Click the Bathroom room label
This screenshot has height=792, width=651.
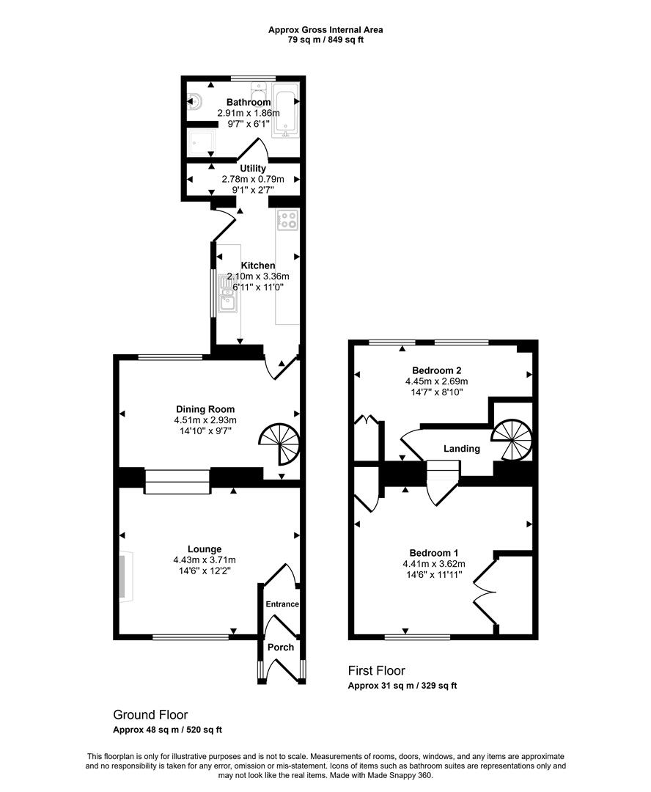point(248,102)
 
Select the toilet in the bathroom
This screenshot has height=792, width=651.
point(195,103)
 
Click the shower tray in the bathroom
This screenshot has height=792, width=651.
point(199,142)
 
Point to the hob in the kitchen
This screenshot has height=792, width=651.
point(287,220)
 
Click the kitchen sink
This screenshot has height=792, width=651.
point(227,299)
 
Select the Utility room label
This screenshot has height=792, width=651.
point(252,169)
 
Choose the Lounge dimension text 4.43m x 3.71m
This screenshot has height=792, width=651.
point(205,560)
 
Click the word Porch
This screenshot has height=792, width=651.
point(281,647)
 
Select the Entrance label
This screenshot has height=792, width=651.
point(282,604)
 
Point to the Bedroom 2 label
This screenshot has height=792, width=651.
point(436,370)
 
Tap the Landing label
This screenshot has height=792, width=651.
point(462,449)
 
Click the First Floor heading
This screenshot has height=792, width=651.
point(376,670)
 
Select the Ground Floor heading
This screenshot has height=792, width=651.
point(150,714)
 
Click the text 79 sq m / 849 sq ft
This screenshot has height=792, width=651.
point(325,40)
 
